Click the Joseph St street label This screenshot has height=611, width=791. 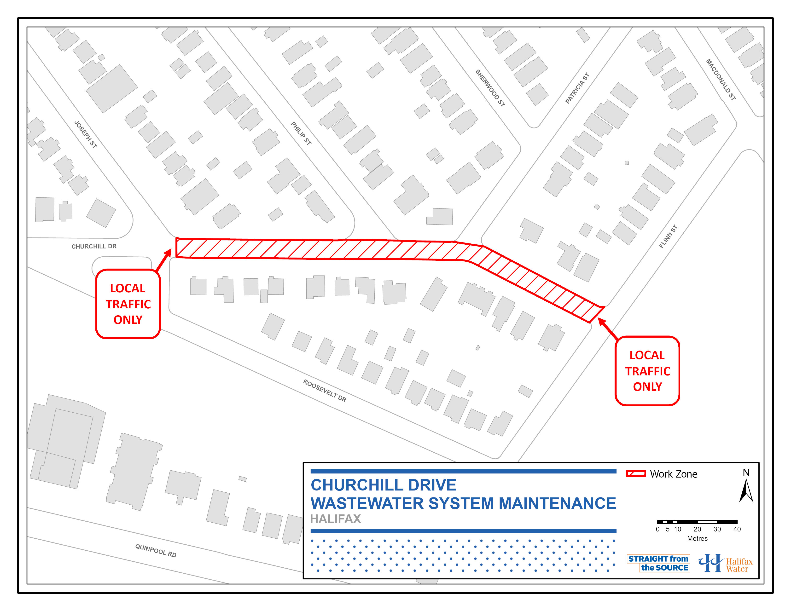86,134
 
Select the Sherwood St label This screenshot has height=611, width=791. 490,88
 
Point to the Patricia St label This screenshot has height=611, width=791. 577,88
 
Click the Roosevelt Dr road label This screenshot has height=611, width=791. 325,391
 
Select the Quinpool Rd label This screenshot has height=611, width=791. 156,551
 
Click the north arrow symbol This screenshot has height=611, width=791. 746,490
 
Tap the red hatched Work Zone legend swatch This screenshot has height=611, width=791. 636,474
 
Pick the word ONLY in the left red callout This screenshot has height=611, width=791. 128,320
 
